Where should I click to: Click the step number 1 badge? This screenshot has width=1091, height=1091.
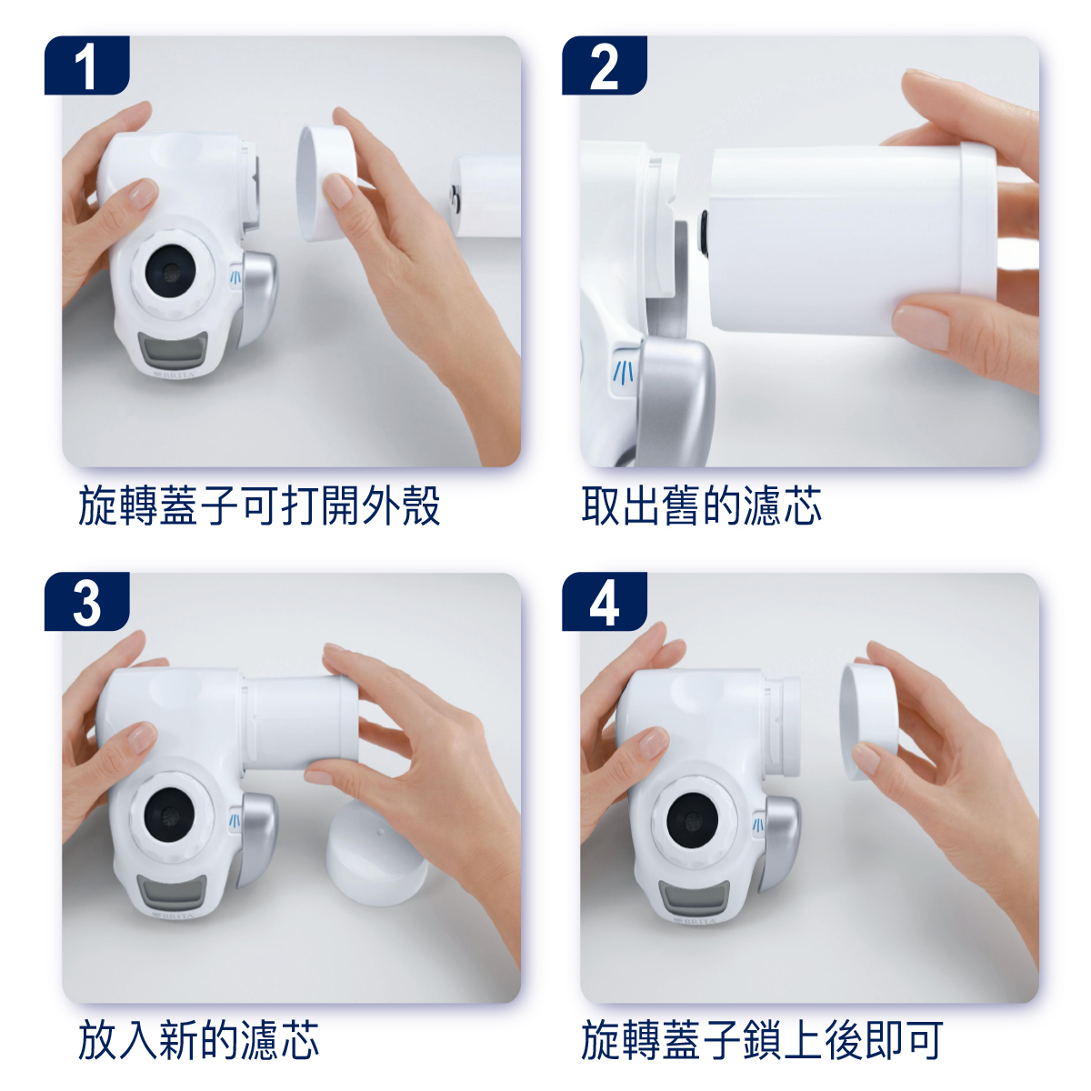(x=86, y=65)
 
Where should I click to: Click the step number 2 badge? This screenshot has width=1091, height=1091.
(x=604, y=65)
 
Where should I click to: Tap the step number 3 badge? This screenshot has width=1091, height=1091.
(x=86, y=602)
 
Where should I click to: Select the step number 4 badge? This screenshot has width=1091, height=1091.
(x=604, y=602)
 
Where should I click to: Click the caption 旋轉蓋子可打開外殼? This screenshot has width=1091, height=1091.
(x=259, y=505)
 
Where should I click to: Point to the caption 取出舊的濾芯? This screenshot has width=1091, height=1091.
(x=701, y=505)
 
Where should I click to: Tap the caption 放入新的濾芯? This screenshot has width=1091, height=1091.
(x=198, y=1039)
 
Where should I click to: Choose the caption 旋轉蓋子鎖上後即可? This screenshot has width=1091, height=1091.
(x=762, y=1039)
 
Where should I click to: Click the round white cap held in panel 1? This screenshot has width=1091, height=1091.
(x=325, y=183)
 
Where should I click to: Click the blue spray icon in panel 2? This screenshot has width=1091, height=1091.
(x=625, y=371)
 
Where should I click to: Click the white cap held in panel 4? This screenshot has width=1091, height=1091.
(x=868, y=721)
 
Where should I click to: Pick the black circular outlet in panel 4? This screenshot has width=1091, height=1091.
(x=693, y=820)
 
